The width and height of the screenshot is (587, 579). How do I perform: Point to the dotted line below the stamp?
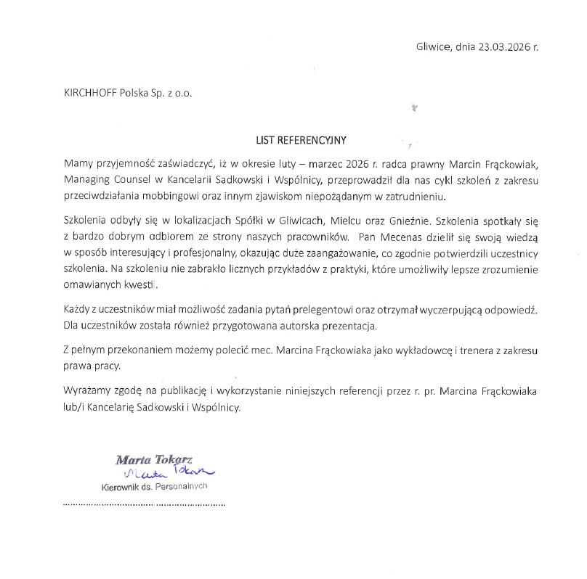click(145, 503)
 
